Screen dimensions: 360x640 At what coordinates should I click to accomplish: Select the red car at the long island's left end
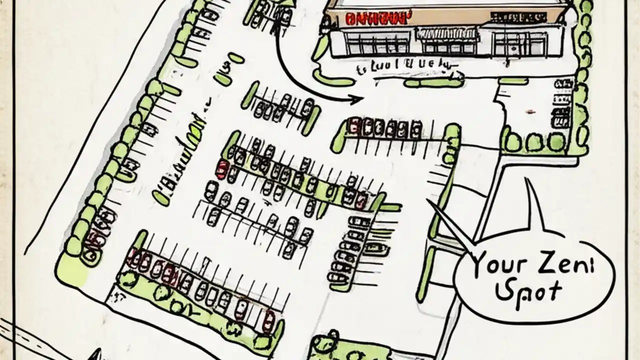(221, 169)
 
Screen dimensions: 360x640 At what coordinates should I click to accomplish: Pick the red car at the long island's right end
(360, 200)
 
